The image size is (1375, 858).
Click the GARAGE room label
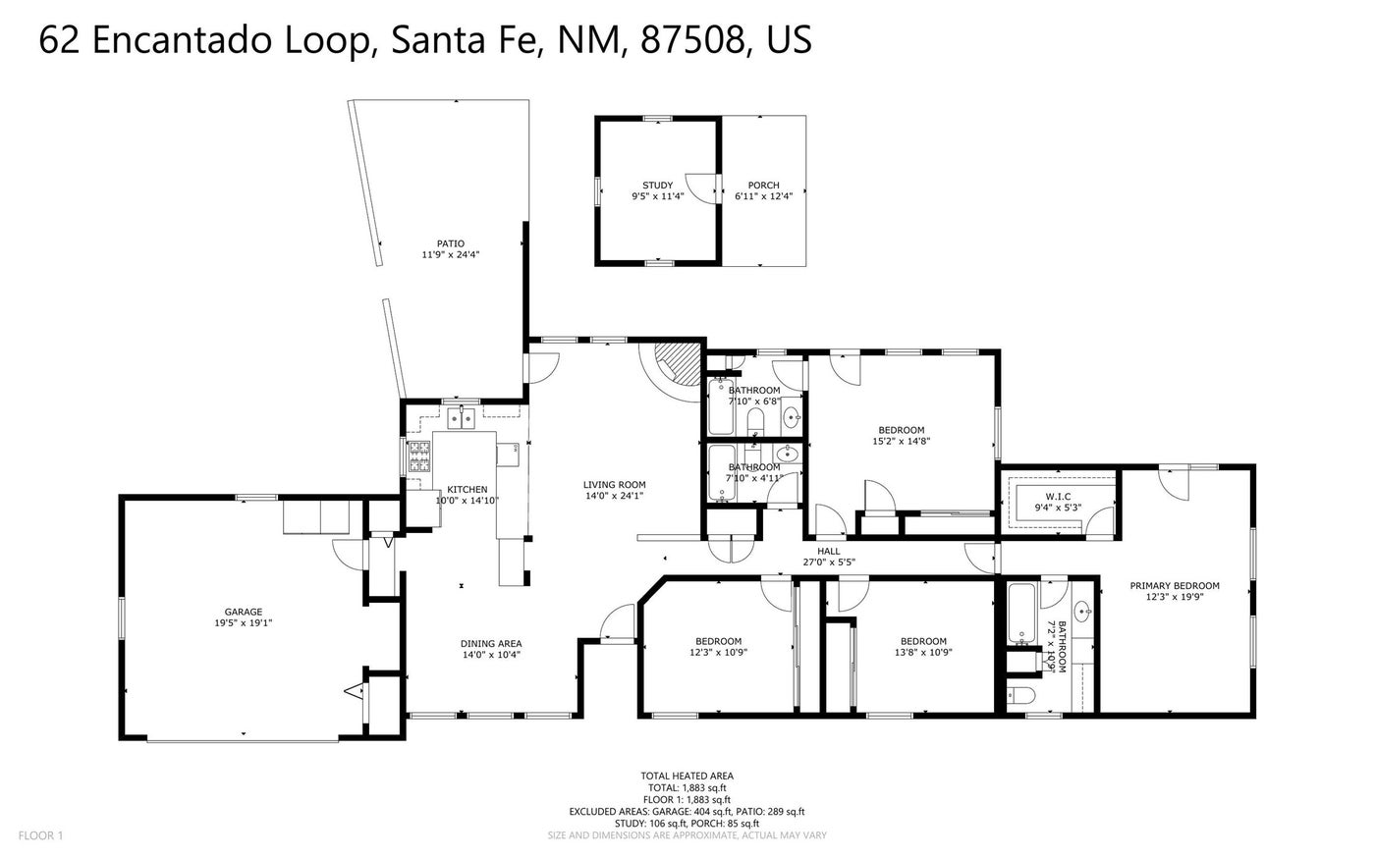click(x=244, y=612)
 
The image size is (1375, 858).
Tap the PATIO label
click(x=451, y=243)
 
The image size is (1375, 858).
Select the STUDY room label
click(x=657, y=186)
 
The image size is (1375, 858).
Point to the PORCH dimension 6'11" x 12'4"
click(x=764, y=196)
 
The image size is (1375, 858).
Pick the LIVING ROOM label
click(x=615, y=485)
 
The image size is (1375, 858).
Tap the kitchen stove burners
click(x=419, y=456)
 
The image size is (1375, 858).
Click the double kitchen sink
click(x=462, y=418)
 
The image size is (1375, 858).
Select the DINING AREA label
click(x=491, y=644)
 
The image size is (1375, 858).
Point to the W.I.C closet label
click(x=1059, y=497)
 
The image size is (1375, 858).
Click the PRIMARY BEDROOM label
click(x=1175, y=586)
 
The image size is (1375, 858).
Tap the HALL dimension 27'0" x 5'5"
click(x=829, y=563)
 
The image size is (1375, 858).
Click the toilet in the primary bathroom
click(x=1020, y=695)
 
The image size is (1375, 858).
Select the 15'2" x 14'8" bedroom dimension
click(x=902, y=441)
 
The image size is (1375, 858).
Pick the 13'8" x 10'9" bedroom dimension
click(x=923, y=653)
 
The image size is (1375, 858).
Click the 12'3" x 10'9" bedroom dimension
click(x=718, y=653)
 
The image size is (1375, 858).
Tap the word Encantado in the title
click(x=182, y=40)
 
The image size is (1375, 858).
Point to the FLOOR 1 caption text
click(x=40, y=835)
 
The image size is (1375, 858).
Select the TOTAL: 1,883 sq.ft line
click(x=687, y=788)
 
